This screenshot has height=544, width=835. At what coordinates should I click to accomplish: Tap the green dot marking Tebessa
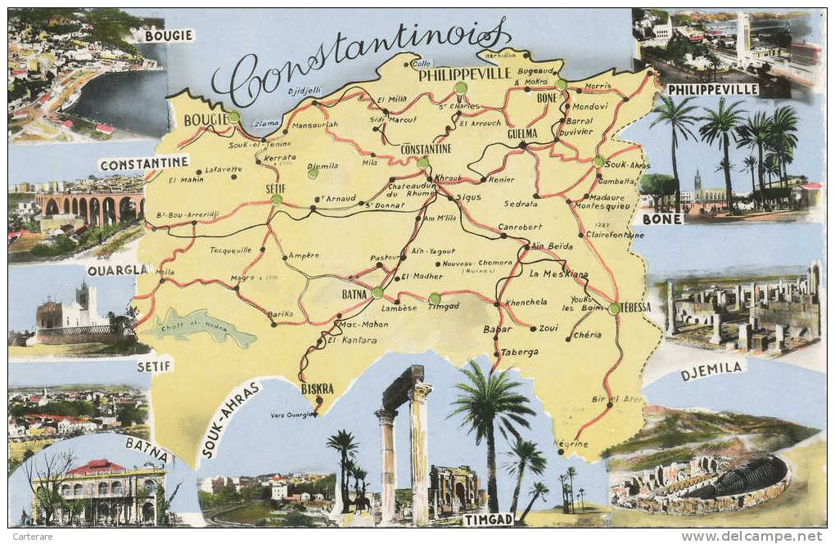pos(614,308)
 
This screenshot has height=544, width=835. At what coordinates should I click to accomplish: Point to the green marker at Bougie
pos(234,117)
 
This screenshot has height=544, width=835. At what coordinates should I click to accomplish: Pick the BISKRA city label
pos(318,389)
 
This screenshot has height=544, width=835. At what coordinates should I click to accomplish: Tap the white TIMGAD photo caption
pos(489,519)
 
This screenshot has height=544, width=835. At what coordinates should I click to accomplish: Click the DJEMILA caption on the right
pos(712,371)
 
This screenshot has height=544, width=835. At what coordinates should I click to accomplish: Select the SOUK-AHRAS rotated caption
pos(232,418)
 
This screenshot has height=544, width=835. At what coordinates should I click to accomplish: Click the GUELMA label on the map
pos(522,133)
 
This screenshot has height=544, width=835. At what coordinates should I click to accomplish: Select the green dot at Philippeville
pos(460,87)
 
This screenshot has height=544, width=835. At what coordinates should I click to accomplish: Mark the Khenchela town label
pos(526,302)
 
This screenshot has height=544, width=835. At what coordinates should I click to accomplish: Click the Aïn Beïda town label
pos(552,245)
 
